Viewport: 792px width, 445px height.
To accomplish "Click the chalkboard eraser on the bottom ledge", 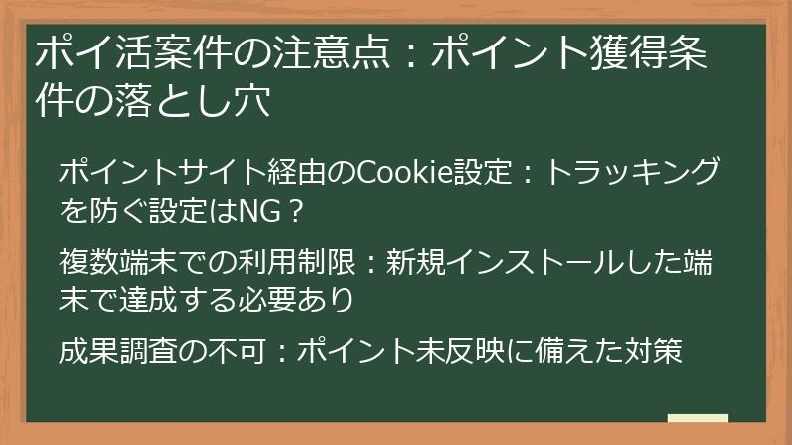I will tap(698, 419).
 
